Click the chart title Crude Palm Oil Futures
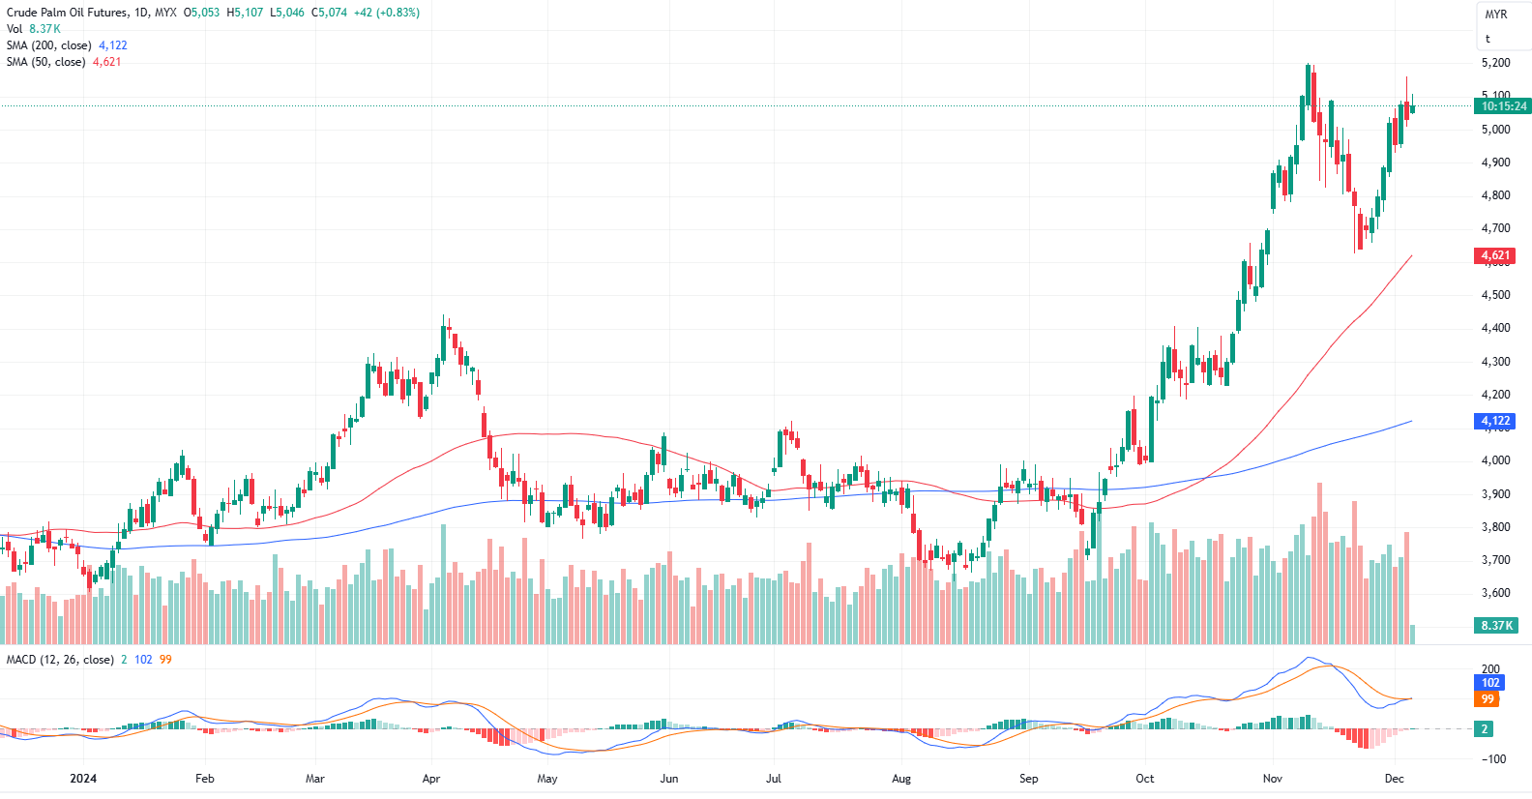click(67, 13)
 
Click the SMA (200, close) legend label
click(49, 45)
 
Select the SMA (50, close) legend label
click(45, 62)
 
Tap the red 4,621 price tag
click(1495, 256)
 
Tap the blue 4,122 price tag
click(1495, 421)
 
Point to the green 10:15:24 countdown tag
click(1503, 106)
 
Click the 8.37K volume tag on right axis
click(1496, 626)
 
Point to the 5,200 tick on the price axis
click(1495, 63)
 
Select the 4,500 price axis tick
click(1495, 295)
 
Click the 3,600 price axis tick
click(1495, 593)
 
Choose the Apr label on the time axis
click(431, 779)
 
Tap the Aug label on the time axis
click(901, 779)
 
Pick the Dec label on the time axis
click(1394, 779)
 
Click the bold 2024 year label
click(83, 779)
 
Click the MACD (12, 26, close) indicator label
click(60, 660)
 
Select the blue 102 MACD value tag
click(1490, 683)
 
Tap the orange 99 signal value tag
click(1488, 699)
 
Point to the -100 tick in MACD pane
click(1495, 759)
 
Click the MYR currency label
click(1496, 15)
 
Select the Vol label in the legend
click(15, 29)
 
